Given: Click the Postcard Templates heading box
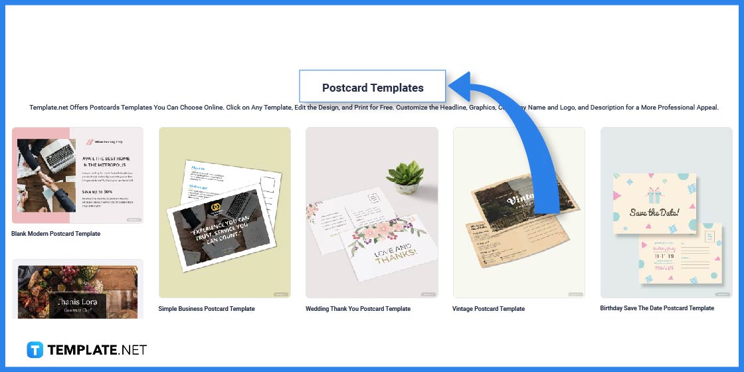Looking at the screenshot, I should click(372, 87).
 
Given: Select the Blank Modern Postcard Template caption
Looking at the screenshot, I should click(56, 234).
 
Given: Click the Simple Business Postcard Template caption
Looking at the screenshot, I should click(207, 308).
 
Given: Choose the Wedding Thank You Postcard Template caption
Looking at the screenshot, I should click(358, 308).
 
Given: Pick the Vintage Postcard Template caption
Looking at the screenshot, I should click(488, 308).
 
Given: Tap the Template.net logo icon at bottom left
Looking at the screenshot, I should click(35, 350).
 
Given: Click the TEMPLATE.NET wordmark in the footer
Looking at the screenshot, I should click(96, 350).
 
